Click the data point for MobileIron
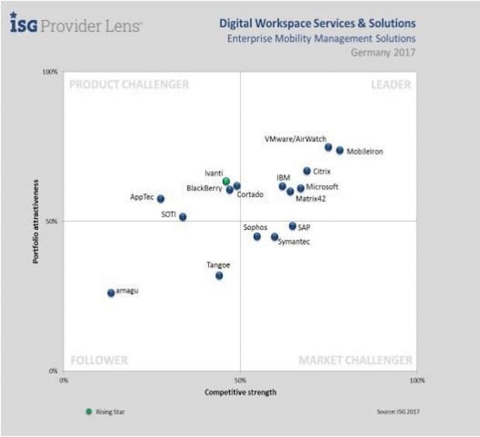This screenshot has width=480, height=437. click(x=339, y=151)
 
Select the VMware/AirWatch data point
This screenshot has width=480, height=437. click(x=328, y=147)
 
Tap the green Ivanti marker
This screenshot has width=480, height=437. click(x=226, y=182)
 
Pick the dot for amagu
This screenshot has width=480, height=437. click(x=111, y=293)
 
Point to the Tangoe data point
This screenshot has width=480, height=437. click(x=219, y=276)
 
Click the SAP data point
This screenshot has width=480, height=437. click(x=292, y=226)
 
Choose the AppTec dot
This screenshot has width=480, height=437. click(x=161, y=199)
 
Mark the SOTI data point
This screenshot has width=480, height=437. click(x=183, y=217)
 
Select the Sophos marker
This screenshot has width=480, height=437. click(x=257, y=236)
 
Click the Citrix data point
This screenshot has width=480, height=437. click(x=307, y=171)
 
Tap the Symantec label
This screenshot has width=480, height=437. click(x=294, y=243)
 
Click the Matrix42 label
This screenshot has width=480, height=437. click(x=310, y=199)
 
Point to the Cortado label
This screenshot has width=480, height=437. click(x=250, y=194)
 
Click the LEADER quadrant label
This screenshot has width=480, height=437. click(x=391, y=85)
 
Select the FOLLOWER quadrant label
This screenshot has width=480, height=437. click(x=99, y=360)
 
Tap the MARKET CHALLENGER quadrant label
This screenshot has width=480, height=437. click(x=356, y=360)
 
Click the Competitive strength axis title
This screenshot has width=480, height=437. click(x=240, y=392)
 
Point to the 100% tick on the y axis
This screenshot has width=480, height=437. click(x=50, y=72)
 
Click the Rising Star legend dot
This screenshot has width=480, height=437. click(x=89, y=411)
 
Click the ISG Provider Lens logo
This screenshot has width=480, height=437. click(x=75, y=25)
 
